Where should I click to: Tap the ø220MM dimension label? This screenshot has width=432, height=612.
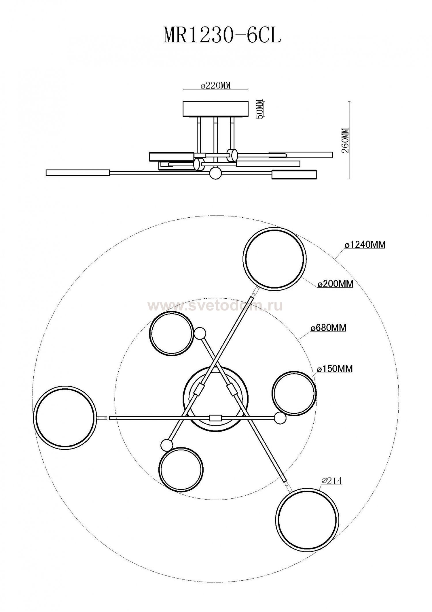click(216, 86)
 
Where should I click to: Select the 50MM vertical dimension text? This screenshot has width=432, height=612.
click(259, 109)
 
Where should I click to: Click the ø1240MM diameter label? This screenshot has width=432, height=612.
click(365, 245)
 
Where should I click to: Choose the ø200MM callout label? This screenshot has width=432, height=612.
click(336, 284)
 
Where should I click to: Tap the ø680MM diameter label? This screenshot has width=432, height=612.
click(328, 328)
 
